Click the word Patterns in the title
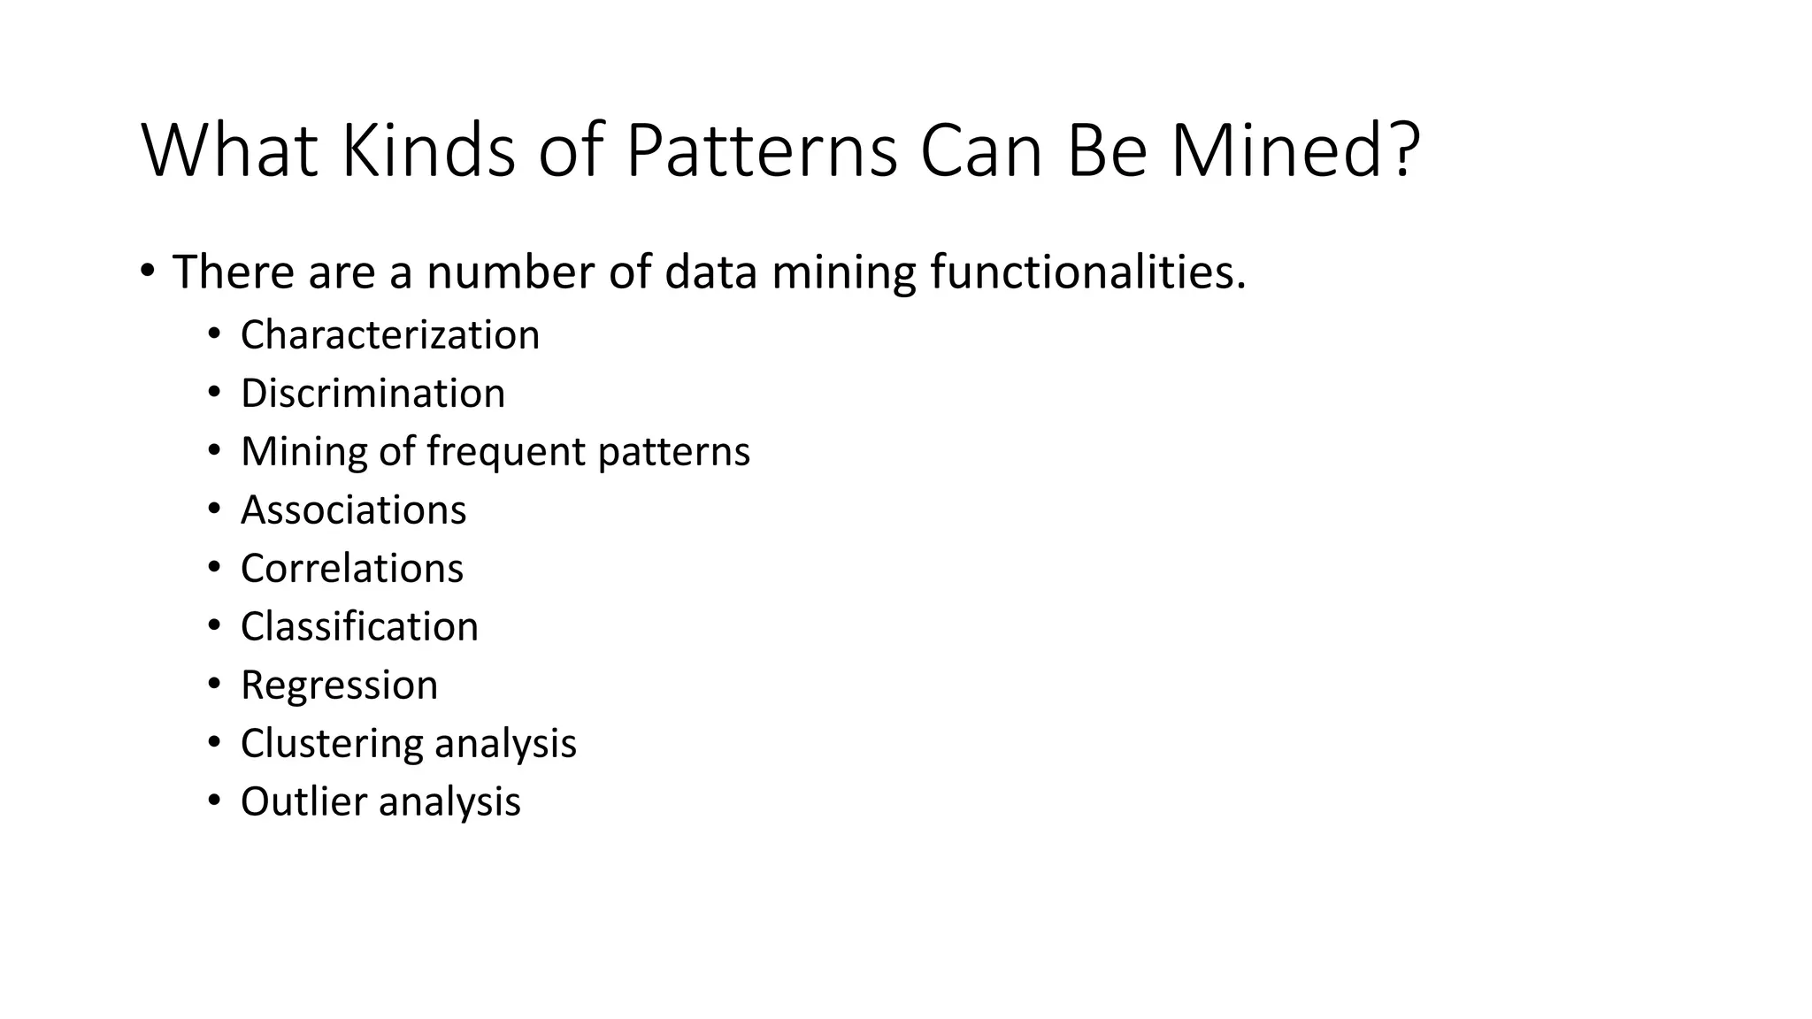(x=761, y=150)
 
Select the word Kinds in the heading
(x=427, y=150)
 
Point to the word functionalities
(x=1087, y=272)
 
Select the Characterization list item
(x=389, y=335)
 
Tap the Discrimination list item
(x=372, y=394)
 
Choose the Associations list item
(x=353, y=510)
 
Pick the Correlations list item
(x=351, y=569)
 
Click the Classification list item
(x=359, y=627)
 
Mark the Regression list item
(x=339, y=686)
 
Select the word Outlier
(x=303, y=802)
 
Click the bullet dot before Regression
(x=213, y=685)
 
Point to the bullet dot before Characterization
(x=213, y=334)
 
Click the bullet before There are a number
(x=147, y=270)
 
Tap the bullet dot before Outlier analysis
(x=213, y=801)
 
